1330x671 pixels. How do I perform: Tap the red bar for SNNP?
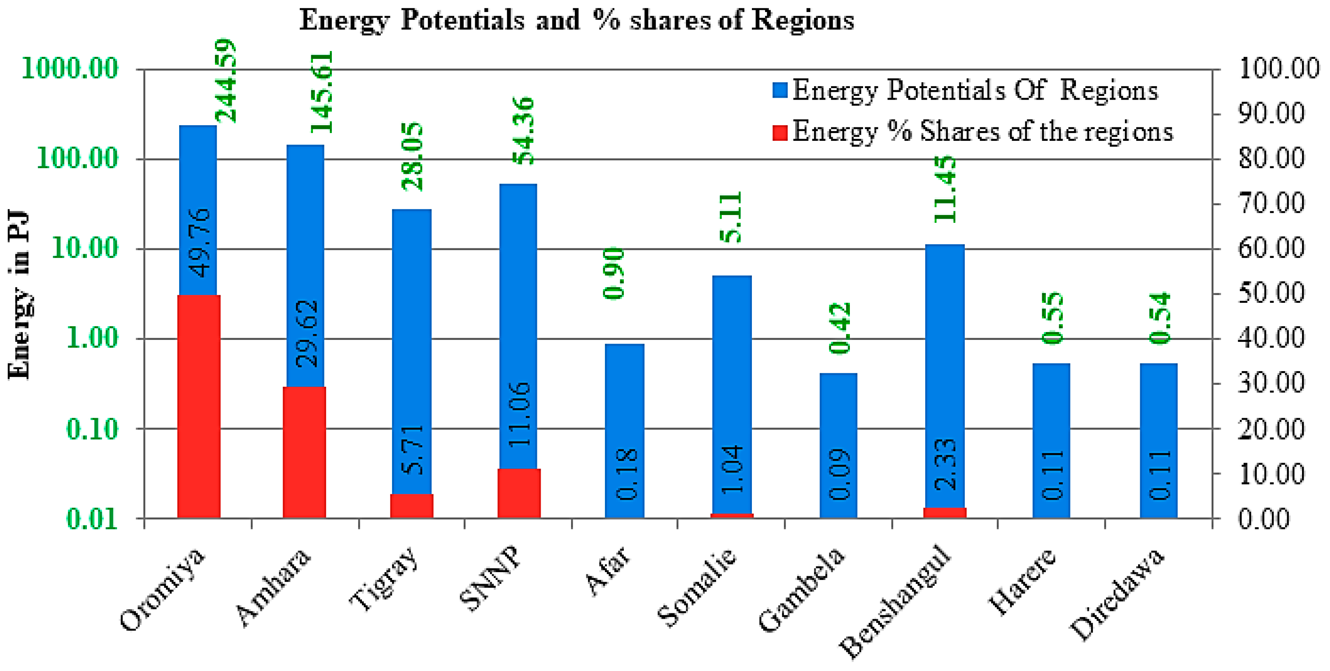point(519,493)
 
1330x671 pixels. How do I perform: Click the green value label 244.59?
point(226,81)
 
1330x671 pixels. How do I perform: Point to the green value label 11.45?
point(945,189)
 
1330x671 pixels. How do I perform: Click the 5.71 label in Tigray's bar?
point(412,449)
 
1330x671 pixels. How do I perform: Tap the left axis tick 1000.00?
point(70,68)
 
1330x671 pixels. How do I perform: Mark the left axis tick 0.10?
point(92,429)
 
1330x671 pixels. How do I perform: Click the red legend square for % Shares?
point(779,132)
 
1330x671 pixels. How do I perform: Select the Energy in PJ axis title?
point(19,295)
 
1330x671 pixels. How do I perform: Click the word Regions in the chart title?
point(803,21)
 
